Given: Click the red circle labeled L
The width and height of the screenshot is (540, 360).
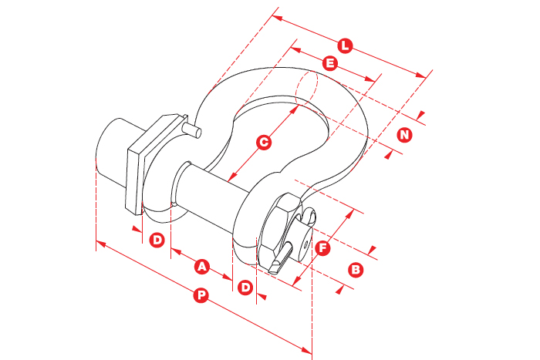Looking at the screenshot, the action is (x=345, y=45).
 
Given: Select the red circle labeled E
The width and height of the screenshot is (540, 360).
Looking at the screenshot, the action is (x=330, y=63).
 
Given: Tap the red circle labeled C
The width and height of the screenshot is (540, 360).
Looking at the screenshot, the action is (x=264, y=142).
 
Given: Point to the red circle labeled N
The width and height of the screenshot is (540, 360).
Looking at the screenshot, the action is (x=405, y=135).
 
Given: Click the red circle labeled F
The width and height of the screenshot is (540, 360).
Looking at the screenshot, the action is (x=322, y=248).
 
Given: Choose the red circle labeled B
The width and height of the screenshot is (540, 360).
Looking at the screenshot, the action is (x=356, y=270).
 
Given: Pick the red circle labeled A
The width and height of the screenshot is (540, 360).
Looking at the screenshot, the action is (x=202, y=267).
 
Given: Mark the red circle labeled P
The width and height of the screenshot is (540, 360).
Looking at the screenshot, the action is (x=201, y=295).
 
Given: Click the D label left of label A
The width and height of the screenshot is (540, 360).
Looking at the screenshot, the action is (x=157, y=240).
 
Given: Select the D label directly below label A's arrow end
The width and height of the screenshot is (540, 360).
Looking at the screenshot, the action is (x=245, y=287).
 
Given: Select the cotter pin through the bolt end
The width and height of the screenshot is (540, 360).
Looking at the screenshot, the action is (x=282, y=258).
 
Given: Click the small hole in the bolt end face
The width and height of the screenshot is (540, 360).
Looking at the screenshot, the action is (x=305, y=244).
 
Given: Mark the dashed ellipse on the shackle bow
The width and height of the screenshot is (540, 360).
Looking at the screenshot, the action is (x=306, y=87).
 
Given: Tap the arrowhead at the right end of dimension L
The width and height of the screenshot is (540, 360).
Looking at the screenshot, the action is (x=421, y=76).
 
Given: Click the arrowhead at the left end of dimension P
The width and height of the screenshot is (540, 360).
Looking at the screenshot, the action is (x=101, y=244).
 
